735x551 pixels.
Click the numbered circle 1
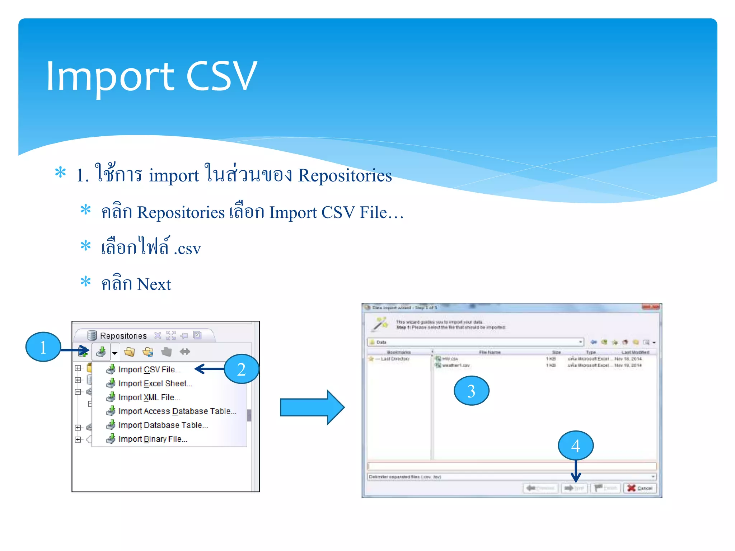(43, 347)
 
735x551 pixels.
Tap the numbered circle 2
(241, 369)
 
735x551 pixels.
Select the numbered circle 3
(471, 391)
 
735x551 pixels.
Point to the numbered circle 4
(575, 446)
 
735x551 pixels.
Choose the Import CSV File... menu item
(149, 369)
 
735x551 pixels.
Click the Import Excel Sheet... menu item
(155, 383)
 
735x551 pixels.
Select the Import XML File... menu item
(149, 397)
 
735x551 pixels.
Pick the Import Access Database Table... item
(177, 411)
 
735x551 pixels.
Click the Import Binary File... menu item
(153, 439)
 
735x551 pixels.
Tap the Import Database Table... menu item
(163, 425)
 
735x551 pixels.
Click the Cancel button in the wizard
(640, 488)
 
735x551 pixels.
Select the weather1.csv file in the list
(455, 366)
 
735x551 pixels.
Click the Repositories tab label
(123, 336)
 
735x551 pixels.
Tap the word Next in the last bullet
(154, 284)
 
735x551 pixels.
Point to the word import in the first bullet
(174, 176)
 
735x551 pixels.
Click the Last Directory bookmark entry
(394, 359)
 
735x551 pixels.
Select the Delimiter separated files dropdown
(511, 477)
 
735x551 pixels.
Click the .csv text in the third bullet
(187, 249)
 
